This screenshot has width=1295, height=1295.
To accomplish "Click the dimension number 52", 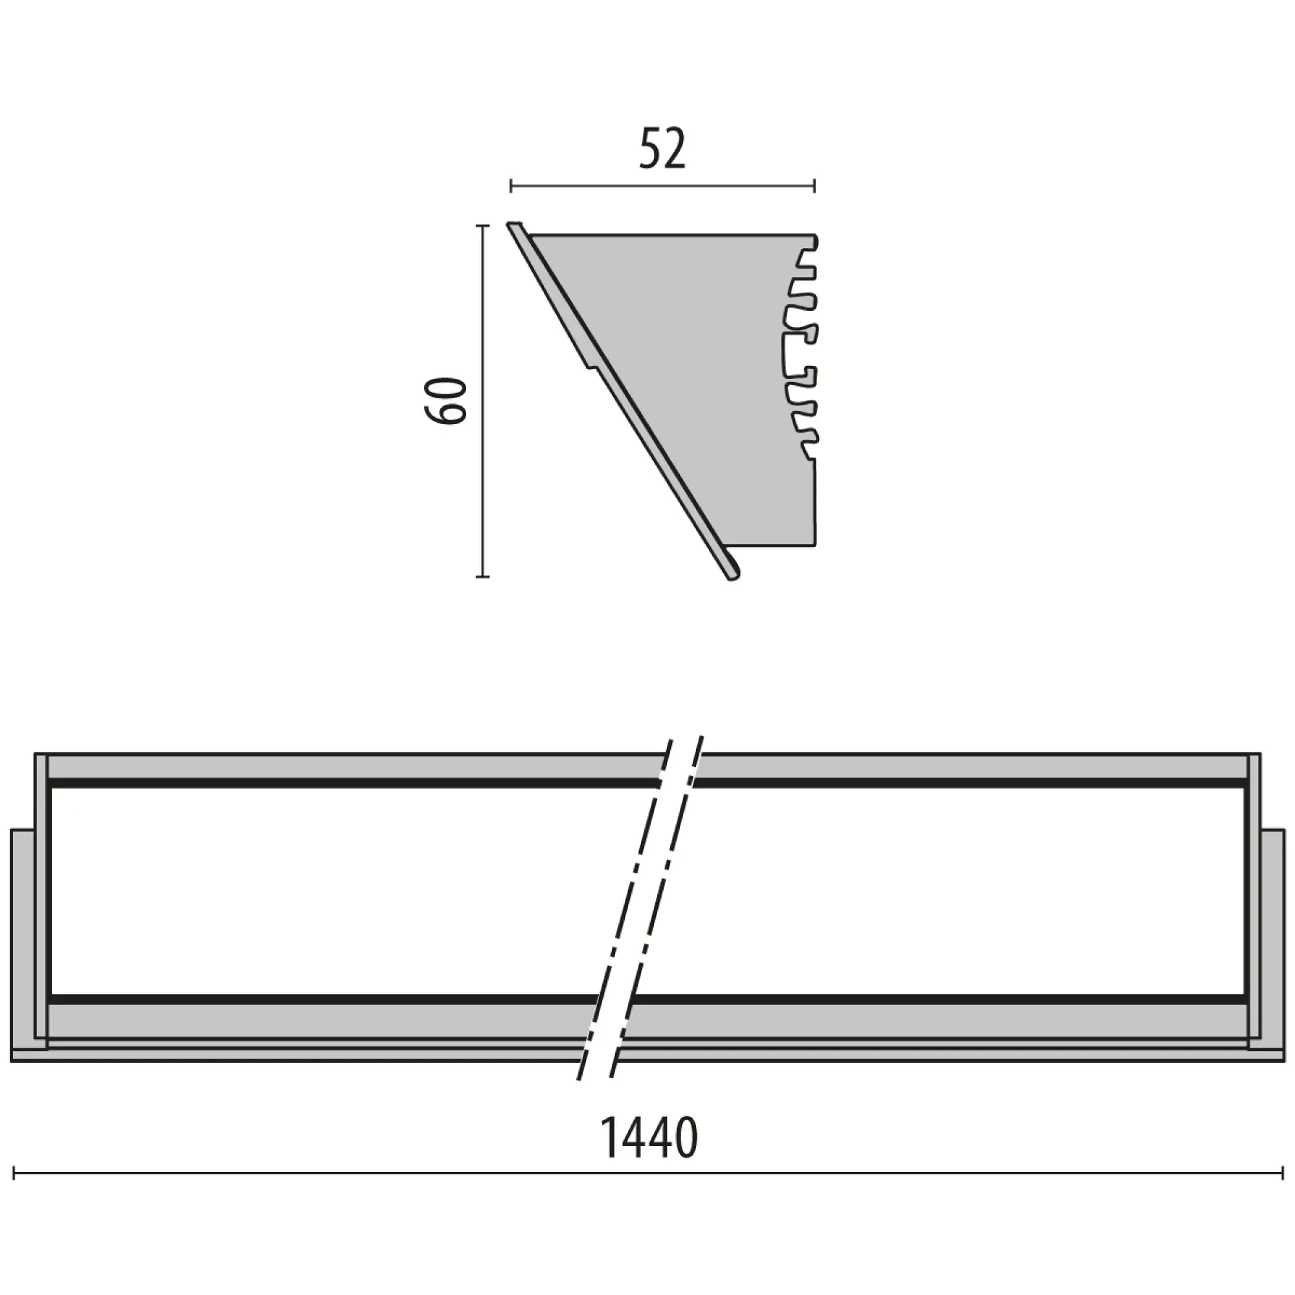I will (662, 150).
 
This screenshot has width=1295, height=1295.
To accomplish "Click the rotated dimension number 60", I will (445, 400).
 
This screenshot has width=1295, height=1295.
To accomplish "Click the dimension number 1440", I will (648, 1139).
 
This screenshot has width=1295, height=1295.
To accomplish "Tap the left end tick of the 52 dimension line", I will (512, 186).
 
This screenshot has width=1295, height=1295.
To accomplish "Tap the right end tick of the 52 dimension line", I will (815, 186).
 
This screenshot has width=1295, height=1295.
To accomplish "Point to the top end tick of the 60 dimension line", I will (482, 227).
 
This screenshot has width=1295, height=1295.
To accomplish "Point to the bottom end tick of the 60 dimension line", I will (482, 576).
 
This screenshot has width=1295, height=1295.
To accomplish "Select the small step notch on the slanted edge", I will (590, 364).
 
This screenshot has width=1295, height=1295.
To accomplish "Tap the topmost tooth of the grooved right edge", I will (813, 242).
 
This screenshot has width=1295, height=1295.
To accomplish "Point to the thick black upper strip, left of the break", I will (348, 783).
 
